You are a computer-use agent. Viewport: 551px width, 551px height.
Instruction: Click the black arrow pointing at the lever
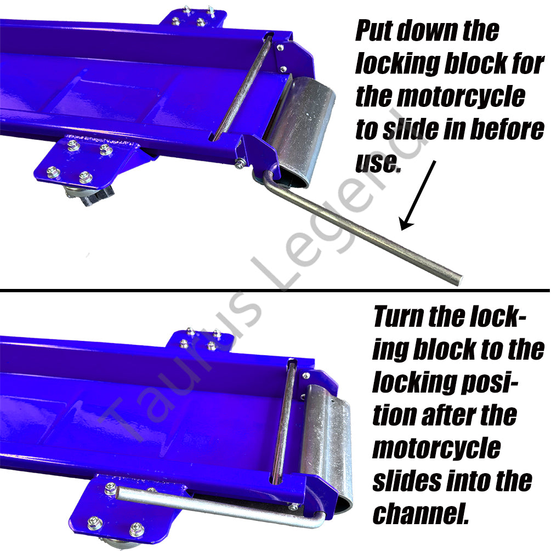coord(418,195)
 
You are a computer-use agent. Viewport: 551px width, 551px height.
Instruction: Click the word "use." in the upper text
coord(378,163)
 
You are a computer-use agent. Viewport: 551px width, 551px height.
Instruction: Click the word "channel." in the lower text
coord(421,514)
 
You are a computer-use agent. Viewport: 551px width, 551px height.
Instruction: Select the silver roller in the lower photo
coord(327,446)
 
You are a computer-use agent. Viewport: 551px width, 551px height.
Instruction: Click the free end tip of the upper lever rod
coord(459,280)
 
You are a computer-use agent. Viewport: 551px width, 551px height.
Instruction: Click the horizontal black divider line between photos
coord(275,291)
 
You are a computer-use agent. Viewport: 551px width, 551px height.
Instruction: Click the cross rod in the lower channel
coord(284,422)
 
